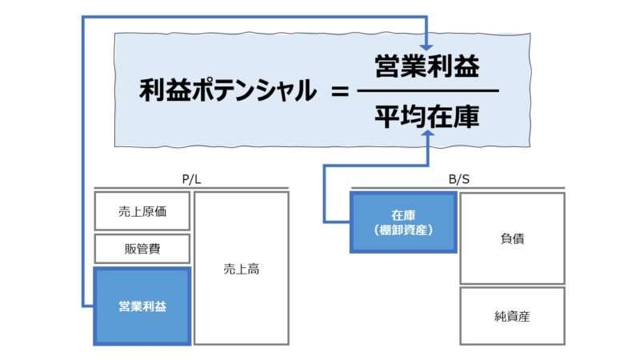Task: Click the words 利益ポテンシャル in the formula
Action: [x=226, y=90]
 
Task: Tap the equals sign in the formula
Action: [x=339, y=90]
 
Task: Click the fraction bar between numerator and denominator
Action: [x=426, y=90]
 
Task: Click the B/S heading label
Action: [x=458, y=180]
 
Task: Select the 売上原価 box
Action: [x=142, y=212]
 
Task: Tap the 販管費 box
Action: [x=142, y=249]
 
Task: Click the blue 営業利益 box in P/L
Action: [x=142, y=306]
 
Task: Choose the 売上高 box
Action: [x=241, y=269]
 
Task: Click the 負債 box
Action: [x=512, y=238]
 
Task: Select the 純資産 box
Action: [x=512, y=316]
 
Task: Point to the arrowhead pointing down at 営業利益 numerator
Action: [x=426, y=46]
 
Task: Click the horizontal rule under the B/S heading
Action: [x=458, y=189]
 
